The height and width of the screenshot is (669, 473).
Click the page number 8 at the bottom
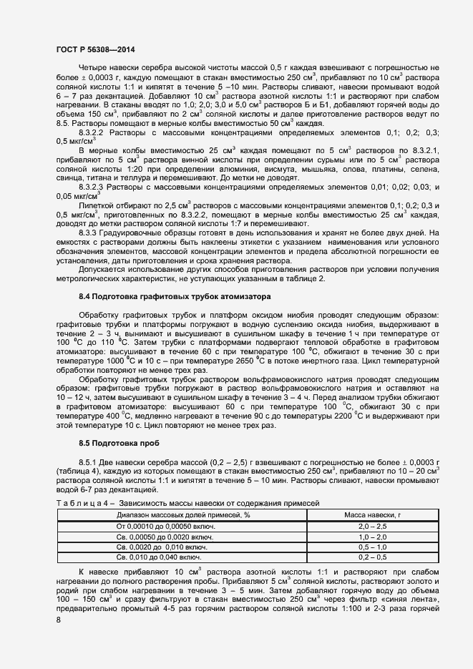[x=59, y=620]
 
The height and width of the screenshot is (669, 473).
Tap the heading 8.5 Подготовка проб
[x=117, y=444]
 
